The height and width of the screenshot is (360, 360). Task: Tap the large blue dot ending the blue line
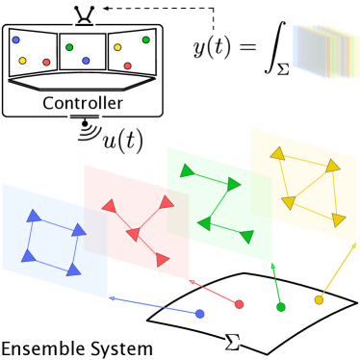click(200, 314)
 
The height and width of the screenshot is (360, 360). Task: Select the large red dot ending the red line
click(239, 304)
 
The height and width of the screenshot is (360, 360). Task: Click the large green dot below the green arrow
click(281, 307)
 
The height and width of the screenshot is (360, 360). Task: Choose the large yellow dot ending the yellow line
click(319, 300)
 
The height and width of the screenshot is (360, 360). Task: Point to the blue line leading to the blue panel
click(154, 305)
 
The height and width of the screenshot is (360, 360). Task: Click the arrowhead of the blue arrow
click(113, 297)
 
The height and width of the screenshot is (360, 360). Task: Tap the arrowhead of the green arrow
click(273, 265)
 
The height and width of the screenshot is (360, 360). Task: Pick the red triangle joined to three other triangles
click(133, 234)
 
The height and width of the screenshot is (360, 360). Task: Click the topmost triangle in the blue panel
click(34, 216)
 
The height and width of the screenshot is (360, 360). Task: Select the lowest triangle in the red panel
click(162, 260)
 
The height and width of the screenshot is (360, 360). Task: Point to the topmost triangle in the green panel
click(186, 171)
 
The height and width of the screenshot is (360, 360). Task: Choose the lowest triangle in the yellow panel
click(338, 220)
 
